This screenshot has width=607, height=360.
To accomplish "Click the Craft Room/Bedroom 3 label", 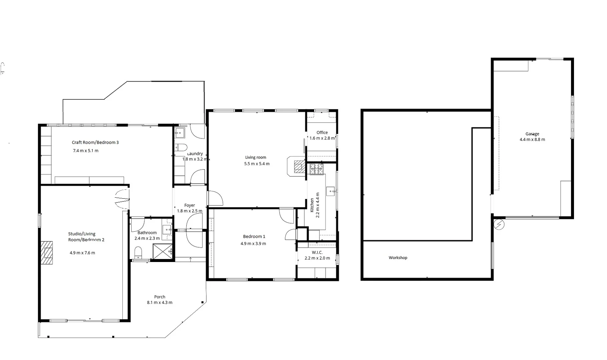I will pos(95,142).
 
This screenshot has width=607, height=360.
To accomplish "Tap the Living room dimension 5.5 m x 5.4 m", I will pos(257,164).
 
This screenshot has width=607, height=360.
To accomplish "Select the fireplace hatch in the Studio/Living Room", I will pos(47,253).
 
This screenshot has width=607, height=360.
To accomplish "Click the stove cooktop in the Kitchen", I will pos(316,169).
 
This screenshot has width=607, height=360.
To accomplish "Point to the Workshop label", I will pos(398,258).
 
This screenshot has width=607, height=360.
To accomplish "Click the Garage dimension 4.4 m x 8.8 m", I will pos(532,140).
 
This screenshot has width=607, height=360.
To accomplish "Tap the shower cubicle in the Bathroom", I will pos(163,251).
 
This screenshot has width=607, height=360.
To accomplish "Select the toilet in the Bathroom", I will pos(138,253).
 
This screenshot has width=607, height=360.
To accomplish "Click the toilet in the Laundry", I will pos(181,147).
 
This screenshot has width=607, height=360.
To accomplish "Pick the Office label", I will pos(322,132).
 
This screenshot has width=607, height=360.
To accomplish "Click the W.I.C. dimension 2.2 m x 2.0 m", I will pos(317,258).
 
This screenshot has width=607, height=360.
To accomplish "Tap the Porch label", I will pos(160,297).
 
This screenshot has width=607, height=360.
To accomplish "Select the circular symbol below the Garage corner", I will pos(499,224).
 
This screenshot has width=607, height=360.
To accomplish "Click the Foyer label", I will pos(189,205).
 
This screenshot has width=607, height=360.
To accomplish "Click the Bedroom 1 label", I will pos(254,236).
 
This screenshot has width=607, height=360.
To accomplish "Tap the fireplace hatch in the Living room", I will pos(299,166).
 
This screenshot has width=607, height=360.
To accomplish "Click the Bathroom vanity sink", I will pos(167,229).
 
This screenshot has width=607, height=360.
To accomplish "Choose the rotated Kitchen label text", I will pos(312,205).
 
